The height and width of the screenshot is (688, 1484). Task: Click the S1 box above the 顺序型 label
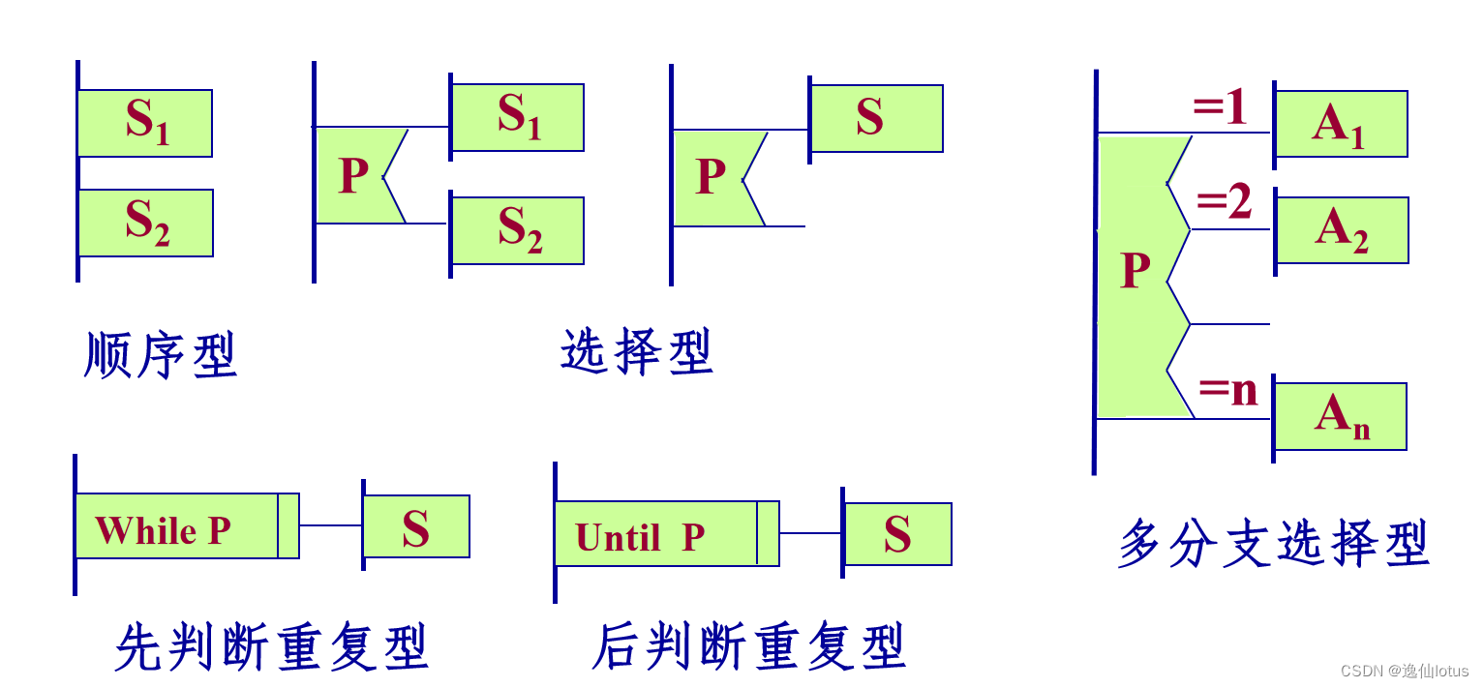(x=145, y=123)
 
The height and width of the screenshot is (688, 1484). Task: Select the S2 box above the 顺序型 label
(x=145, y=223)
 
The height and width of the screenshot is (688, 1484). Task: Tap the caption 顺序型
(x=161, y=355)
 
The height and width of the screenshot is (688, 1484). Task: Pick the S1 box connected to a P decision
(x=518, y=117)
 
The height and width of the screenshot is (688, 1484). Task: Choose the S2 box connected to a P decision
(x=518, y=230)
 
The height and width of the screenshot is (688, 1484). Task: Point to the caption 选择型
(x=637, y=351)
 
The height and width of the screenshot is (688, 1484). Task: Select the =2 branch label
(x=1224, y=203)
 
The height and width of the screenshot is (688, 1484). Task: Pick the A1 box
(x=1341, y=124)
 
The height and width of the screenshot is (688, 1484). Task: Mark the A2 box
(x=1342, y=230)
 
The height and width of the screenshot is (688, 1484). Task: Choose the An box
(x=1341, y=416)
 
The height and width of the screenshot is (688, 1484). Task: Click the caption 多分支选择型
(x=1274, y=543)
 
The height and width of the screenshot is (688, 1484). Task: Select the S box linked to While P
(x=416, y=526)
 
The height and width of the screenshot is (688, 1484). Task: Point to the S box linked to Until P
(x=897, y=534)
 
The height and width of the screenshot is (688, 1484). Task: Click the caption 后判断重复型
(x=748, y=646)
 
